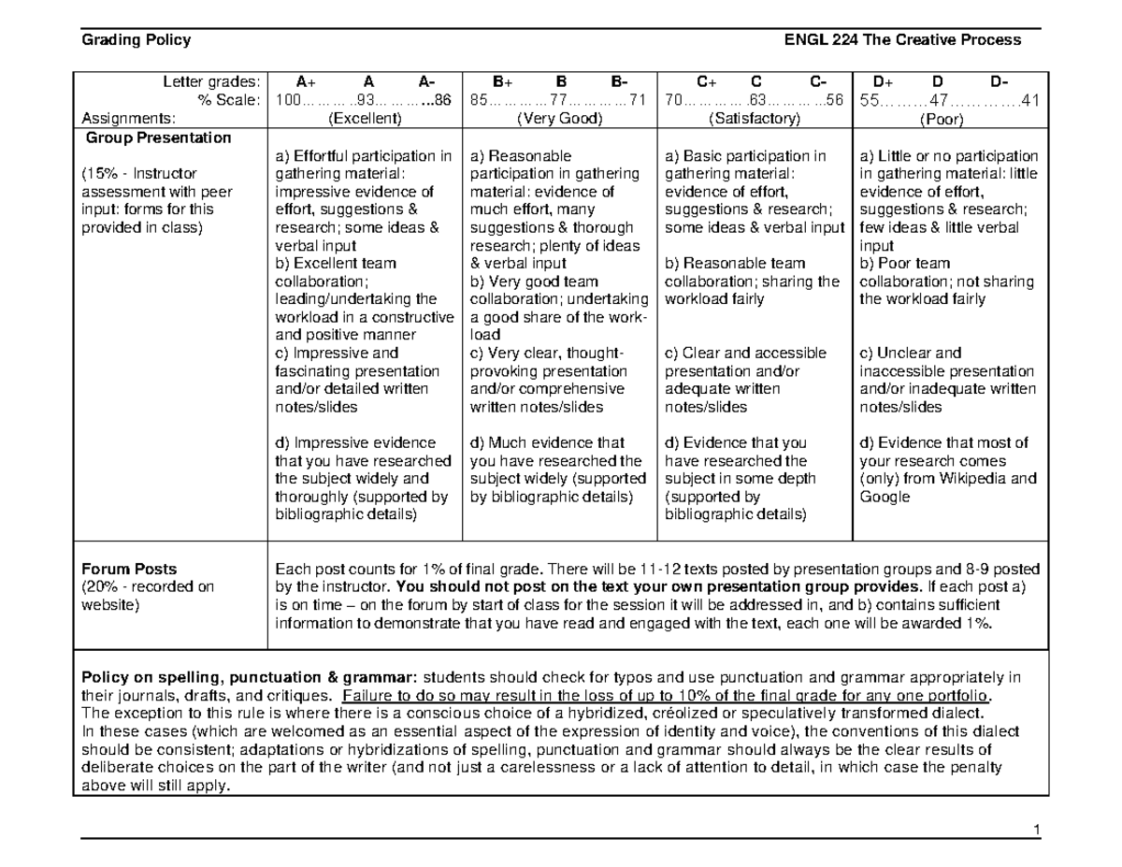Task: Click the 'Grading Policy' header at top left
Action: [137, 39]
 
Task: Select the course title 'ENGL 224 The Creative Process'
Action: [902, 39]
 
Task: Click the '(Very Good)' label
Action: [559, 119]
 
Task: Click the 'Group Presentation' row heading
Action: [158, 137]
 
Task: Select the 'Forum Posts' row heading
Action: [129, 569]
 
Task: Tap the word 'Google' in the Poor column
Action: [884, 497]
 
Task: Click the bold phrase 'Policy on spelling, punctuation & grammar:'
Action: [251, 677]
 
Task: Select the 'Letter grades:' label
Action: [214, 82]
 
